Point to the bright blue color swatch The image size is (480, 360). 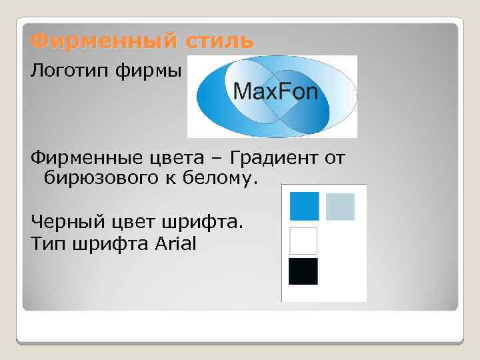[x=304, y=206]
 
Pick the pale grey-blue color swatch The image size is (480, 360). [x=340, y=207]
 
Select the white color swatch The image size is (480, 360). [x=303, y=241]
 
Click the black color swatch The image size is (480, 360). [x=303, y=271]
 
